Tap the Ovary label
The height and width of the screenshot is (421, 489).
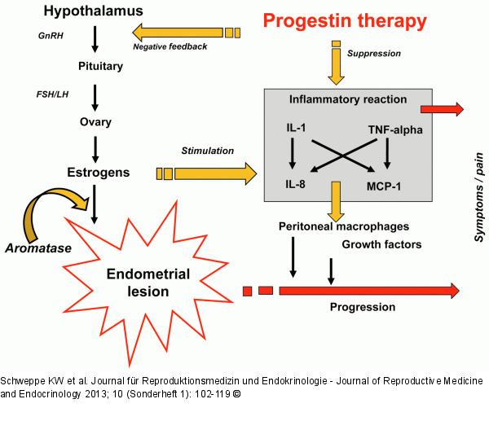96,122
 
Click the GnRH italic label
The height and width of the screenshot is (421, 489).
51,36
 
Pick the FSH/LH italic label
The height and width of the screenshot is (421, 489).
54,93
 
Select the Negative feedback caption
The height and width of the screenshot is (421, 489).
170,46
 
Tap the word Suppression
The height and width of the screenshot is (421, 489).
374,53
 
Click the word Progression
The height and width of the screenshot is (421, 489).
363,307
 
